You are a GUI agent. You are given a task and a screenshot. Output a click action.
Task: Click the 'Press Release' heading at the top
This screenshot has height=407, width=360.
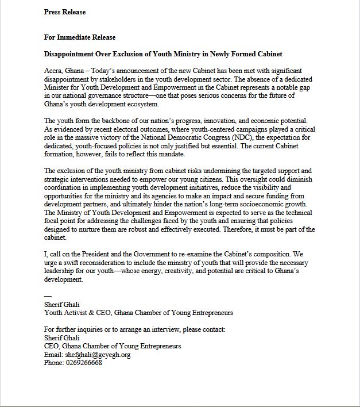click(x=65, y=11)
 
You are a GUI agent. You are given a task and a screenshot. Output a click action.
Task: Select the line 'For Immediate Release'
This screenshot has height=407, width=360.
click(x=80, y=37)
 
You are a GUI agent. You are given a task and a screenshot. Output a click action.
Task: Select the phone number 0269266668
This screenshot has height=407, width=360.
click(x=83, y=363)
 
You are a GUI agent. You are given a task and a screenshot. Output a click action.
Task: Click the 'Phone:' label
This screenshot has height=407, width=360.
click(x=54, y=363)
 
